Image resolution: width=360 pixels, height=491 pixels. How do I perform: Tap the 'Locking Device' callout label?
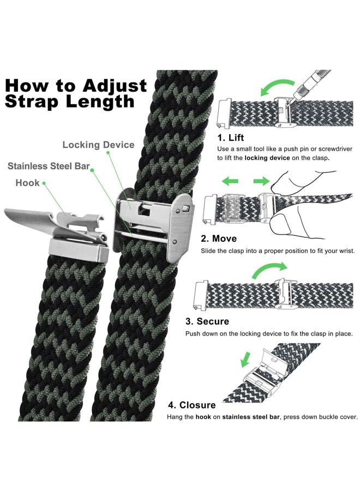(98, 145)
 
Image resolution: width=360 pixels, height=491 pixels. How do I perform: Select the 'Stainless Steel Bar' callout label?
(49, 166)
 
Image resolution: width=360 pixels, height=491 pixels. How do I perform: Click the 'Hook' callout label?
(28, 182)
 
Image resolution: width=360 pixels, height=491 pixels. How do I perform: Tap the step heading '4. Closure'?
(191, 405)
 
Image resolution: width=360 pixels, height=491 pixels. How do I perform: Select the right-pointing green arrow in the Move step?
(261, 181)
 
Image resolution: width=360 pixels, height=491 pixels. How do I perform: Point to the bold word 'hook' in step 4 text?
(204, 417)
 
